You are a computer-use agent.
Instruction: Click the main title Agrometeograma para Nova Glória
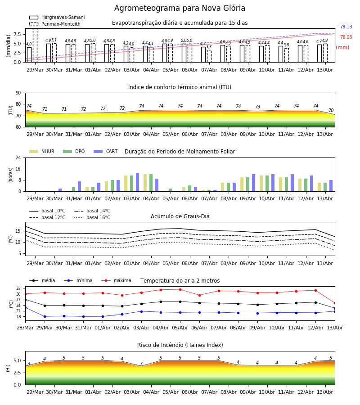point(180,8)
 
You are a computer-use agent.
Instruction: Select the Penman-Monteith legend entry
point(55,24)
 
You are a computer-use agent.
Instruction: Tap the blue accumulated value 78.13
point(346,27)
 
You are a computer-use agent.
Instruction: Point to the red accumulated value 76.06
point(346,37)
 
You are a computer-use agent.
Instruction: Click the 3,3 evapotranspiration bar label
point(209,47)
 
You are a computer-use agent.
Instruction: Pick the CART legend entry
point(106,151)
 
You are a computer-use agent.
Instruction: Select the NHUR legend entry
point(42,151)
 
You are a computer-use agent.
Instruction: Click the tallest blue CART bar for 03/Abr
point(138,182)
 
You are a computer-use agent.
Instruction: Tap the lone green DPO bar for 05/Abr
point(171,190)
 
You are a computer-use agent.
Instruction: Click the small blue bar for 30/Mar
point(60,190)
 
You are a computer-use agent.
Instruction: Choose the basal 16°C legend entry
point(92,217)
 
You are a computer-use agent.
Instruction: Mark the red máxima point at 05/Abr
point(180,289)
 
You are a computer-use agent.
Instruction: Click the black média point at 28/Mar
point(25,300)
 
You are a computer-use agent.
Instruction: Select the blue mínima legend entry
point(78,280)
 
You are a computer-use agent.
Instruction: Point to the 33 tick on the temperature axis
point(18,288)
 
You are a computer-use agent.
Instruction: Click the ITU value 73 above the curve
point(257,107)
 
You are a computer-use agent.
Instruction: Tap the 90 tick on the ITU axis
point(18,93)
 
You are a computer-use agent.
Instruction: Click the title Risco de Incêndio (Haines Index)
point(180,345)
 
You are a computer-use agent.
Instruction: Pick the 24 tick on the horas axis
point(18,157)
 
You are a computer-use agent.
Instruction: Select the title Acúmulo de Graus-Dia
point(180,216)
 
